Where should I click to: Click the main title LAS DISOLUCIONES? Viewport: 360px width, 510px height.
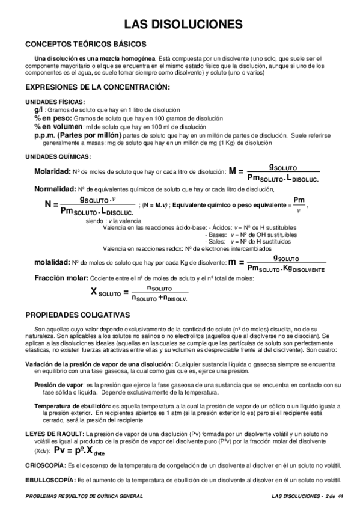tap(183, 24)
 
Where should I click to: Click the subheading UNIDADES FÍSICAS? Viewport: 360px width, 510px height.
tap(55, 103)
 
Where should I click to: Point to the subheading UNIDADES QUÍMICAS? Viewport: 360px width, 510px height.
tap(58, 156)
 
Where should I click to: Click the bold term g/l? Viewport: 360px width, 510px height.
tap(39, 111)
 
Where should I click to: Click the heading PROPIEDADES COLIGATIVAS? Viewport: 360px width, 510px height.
tap(78, 315)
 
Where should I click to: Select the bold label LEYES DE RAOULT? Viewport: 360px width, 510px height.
tap(55, 434)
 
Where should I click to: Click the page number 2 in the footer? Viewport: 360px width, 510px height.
tap(326, 496)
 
